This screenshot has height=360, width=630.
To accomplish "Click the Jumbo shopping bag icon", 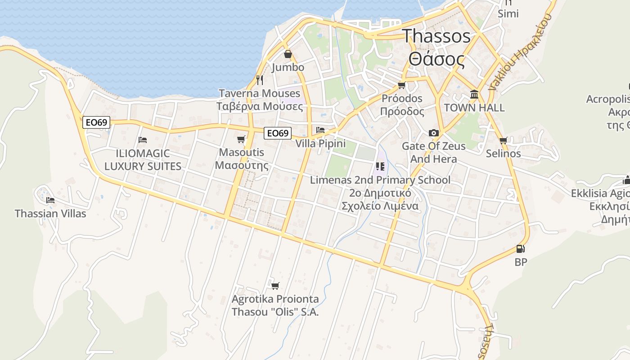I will tap(288, 54).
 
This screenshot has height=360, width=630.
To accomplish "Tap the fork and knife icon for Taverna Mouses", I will tap(259, 80).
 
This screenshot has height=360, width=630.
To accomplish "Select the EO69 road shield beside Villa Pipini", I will tap(277, 133).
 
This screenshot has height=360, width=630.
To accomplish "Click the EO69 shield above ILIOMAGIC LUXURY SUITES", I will tap(96, 122).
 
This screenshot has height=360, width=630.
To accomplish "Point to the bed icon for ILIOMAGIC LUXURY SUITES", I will tap(143, 140).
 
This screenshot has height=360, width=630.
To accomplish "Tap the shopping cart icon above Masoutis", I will tap(241, 139).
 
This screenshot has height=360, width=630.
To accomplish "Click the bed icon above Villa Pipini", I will tap(320, 130).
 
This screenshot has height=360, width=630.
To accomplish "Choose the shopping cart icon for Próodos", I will tap(402, 85).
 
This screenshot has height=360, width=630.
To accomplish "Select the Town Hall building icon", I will tap(474, 94).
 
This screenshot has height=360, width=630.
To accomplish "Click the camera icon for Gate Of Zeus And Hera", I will tap(434, 133).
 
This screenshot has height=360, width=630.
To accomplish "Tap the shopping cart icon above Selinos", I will tap(503, 140).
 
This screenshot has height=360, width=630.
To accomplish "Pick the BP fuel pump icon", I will tap(521, 249).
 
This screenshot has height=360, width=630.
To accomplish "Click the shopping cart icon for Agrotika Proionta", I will tap(275, 286).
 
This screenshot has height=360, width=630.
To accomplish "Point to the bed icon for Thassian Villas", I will tap(50, 200).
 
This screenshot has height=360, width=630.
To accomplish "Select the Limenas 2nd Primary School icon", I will tap(380, 166).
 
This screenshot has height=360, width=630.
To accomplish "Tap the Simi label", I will tap(508, 13).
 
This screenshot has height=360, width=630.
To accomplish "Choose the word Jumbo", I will tap(288, 67).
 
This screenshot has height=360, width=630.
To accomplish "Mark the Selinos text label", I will tap(503, 153).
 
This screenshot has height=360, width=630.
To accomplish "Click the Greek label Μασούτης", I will tap(241, 165).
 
